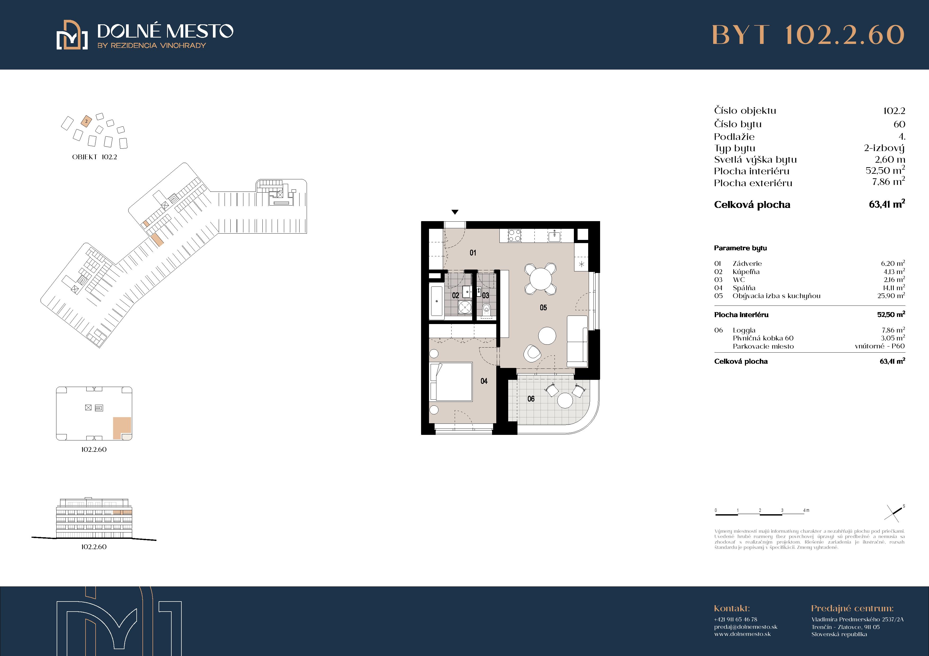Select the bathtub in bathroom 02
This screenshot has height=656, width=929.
(437, 301)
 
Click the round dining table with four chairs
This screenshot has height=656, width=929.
(541, 279)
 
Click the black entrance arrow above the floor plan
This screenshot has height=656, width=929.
(455, 212)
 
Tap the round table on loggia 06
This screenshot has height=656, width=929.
(565, 400)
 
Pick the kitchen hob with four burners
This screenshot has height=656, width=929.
(515, 235)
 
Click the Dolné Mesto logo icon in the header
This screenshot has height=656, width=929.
(72, 35)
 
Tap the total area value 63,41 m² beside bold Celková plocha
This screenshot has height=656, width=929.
(887, 204)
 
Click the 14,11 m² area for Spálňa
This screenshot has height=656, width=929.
(894, 288)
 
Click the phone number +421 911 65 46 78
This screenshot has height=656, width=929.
(736, 619)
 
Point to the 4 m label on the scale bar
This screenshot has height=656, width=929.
(806, 510)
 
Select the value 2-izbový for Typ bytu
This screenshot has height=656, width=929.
(885, 148)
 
